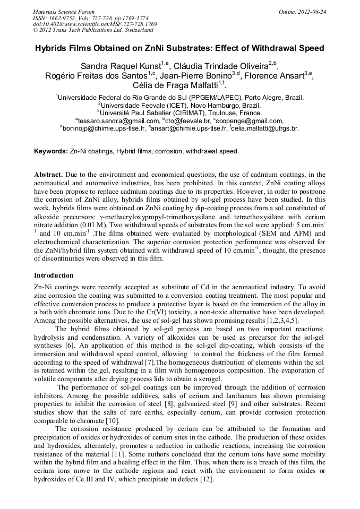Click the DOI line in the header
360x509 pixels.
point(95,24)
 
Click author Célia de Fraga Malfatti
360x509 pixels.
point(178,85)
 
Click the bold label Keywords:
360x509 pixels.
point(51,151)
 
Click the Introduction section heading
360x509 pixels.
point(54,275)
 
